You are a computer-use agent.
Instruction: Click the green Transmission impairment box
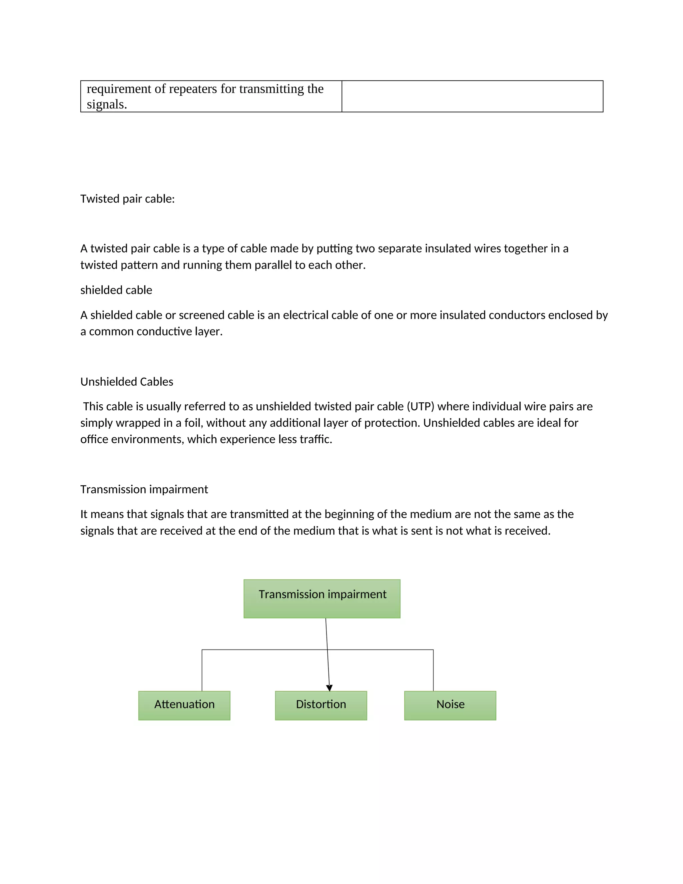(322, 599)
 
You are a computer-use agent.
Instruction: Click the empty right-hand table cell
(472, 96)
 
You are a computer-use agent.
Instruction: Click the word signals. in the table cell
(107, 104)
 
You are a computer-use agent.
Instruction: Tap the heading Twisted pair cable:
(127, 199)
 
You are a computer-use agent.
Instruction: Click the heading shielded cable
(116, 290)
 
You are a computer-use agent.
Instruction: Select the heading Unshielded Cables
(127, 382)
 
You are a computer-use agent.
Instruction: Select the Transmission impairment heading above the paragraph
(144, 489)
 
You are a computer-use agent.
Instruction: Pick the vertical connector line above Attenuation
(202, 670)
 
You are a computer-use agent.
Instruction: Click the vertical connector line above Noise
(433, 670)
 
